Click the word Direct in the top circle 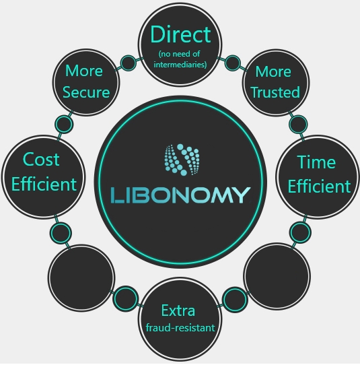click(x=180, y=34)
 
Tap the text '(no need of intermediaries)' click(x=180, y=59)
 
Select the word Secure click(x=86, y=92)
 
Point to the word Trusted click(x=276, y=92)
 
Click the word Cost click(x=41, y=160)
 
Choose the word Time click(x=316, y=162)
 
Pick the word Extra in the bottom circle click(x=178, y=310)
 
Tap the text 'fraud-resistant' click(x=180, y=328)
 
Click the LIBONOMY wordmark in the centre click(x=180, y=195)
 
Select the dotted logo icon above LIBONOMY click(x=182, y=160)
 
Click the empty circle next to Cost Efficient click(x=81, y=278)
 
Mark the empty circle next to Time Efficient click(x=277, y=276)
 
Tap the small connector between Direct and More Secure click(x=129, y=63)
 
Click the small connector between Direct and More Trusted click(x=233, y=63)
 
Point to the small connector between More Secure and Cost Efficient click(x=64, y=125)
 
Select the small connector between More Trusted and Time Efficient click(x=298, y=125)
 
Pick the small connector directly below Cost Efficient click(x=61, y=233)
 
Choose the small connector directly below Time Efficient click(x=300, y=232)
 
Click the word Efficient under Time click(x=319, y=187)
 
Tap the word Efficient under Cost click(x=44, y=184)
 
